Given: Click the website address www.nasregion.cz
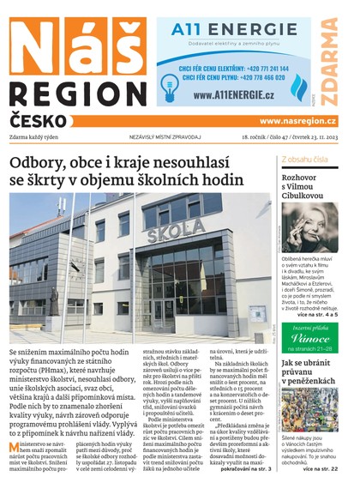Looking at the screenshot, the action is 297,122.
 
